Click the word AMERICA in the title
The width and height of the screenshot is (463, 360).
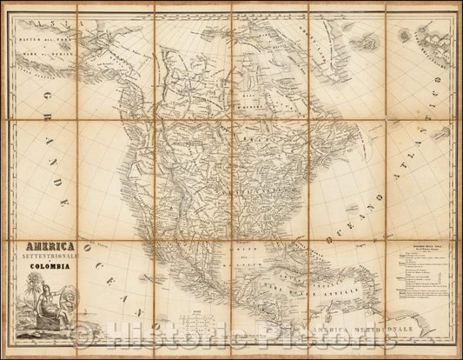click(x=49, y=246)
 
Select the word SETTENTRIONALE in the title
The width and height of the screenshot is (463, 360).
click(x=50, y=258)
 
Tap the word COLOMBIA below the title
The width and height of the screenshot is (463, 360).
click(x=50, y=269)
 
